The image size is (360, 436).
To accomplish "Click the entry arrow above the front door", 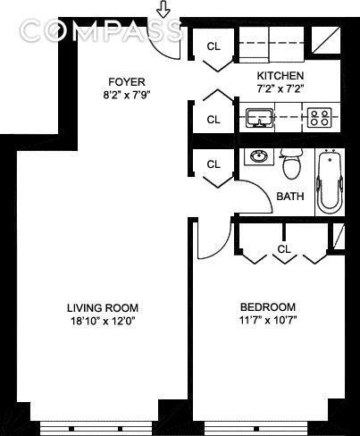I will click(x=163, y=10).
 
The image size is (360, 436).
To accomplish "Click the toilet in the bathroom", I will click(x=290, y=163).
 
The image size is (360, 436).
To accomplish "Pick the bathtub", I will click(x=330, y=182).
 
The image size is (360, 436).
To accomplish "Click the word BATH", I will click(x=289, y=197).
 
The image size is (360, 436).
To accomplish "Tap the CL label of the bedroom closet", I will click(x=283, y=248).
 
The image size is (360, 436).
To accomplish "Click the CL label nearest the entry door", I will click(x=213, y=46).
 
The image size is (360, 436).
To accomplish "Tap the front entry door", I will click(x=163, y=45).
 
